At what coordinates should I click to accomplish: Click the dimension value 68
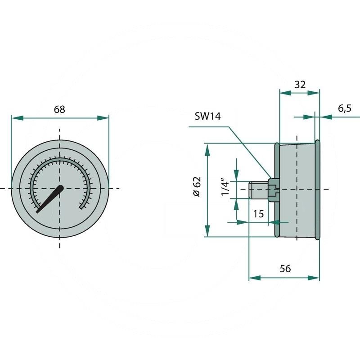[x=59, y=109]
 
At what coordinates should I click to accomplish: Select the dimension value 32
[x=300, y=85]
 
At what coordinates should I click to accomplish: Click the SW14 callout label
[x=207, y=116]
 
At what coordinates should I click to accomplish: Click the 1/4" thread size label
[x=226, y=188]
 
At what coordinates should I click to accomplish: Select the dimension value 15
[x=258, y=214]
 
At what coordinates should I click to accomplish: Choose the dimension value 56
[x=285, y=269]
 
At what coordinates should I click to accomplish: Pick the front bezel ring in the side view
[x=317, y=189]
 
